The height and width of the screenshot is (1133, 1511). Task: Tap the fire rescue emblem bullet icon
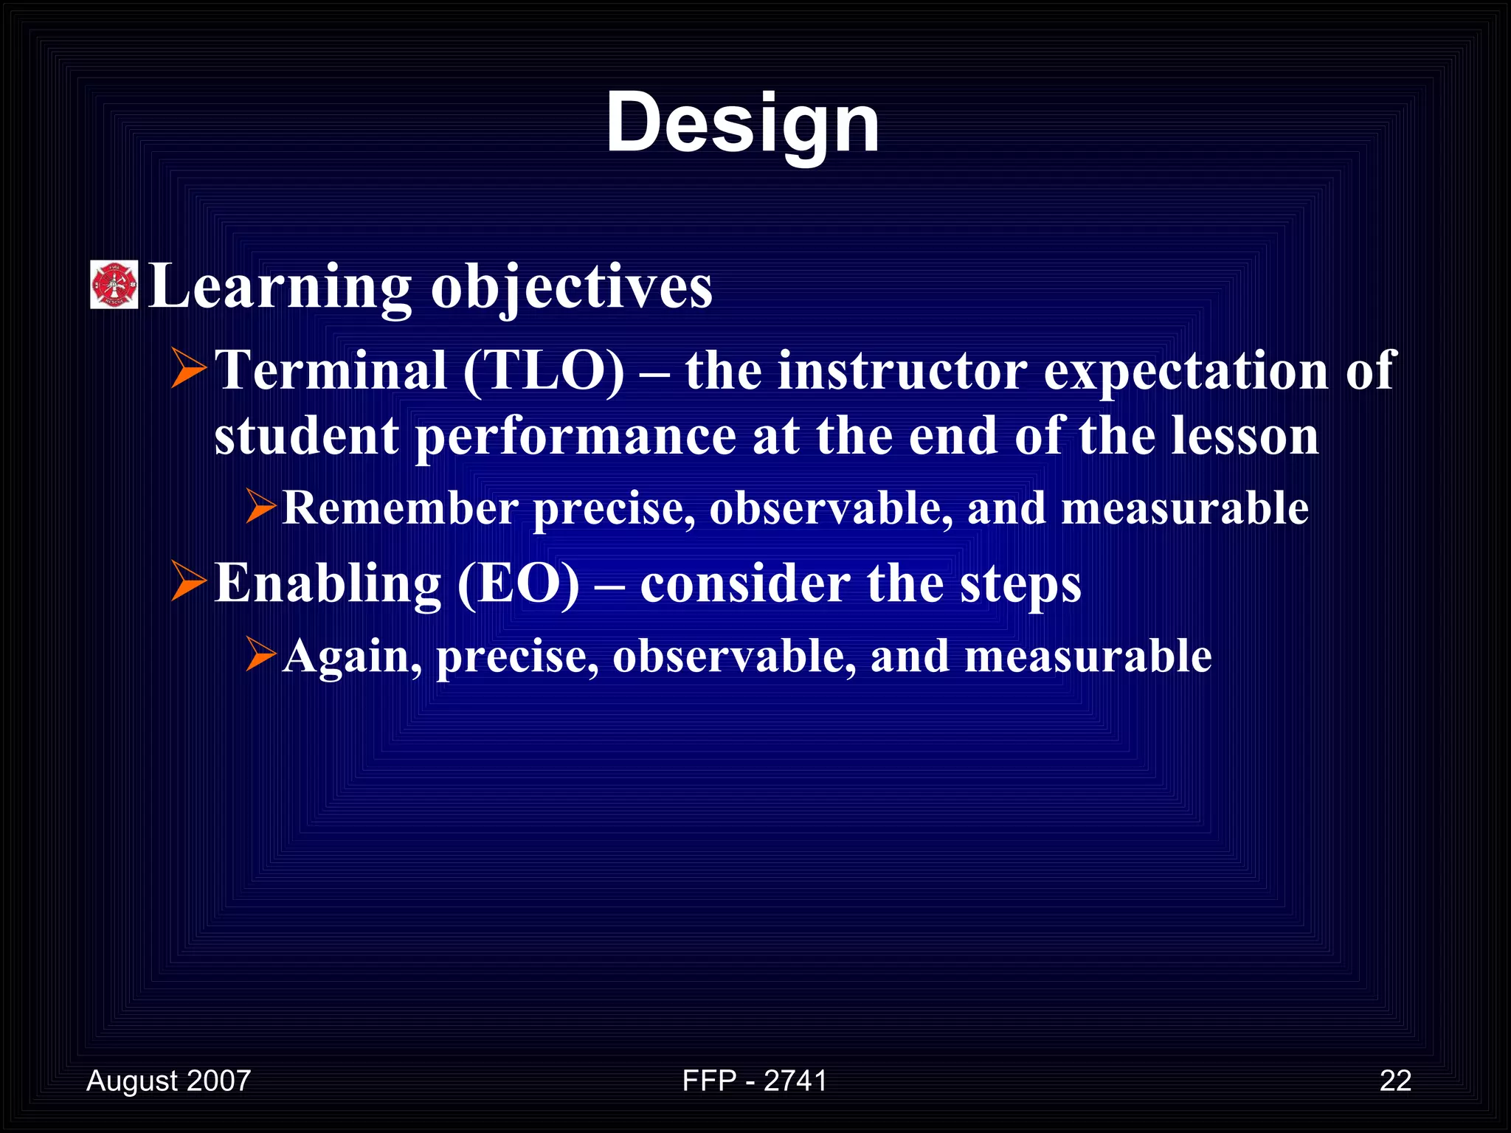click(x=114, y=285)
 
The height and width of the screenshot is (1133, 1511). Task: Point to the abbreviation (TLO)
click(x=544, y=370)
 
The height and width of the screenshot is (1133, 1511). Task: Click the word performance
click(x=575, y=437)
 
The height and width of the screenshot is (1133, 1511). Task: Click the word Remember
click(x=400, y=509)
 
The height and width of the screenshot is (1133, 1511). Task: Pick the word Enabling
click(x=328, y=584)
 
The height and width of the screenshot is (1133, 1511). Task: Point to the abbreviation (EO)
click(x=519, y=584)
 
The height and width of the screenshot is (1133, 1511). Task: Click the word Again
click(x=352, y=656)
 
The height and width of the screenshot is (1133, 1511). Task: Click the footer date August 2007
click(x=168, y=1081)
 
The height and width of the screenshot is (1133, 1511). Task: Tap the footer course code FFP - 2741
click(x=754, y=1081)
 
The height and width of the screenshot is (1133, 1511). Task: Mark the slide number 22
click(x=1395, y=1081)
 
